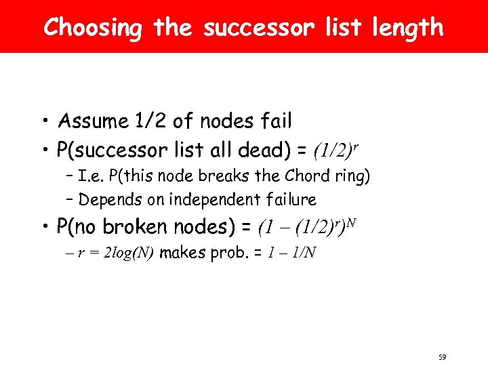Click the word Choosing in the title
(93, 28)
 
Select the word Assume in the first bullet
(94, 122)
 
